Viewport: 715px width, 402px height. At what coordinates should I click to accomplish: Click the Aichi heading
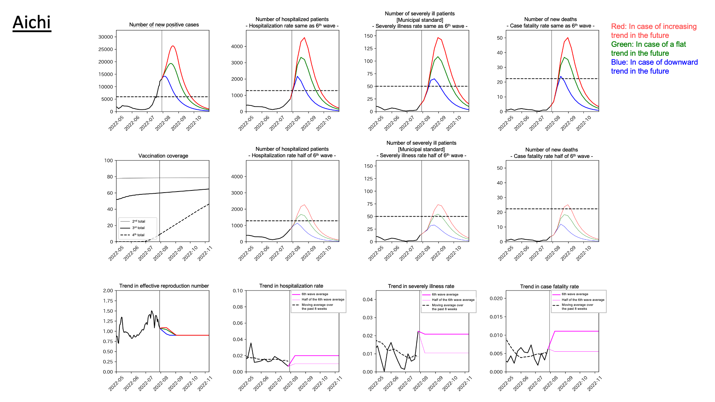click(x=32, y=23)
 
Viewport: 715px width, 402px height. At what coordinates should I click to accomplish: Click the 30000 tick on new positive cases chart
click(x=105, y=37)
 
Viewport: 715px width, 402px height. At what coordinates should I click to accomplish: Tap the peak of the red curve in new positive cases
click(x=173, y=46)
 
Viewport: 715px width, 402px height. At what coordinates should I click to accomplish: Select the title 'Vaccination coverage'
click(x=163, y=156)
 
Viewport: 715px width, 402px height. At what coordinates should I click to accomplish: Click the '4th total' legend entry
click(x=138, y=235)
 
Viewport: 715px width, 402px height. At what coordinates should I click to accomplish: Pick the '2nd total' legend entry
click(x=138, y=221)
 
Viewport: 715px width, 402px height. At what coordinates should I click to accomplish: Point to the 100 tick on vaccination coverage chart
click(x=108, y=160)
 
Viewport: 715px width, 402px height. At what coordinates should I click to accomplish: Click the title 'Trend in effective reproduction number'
click(x=164, y=286)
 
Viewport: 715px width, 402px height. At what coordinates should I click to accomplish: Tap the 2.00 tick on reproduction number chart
click(x=108, y=291)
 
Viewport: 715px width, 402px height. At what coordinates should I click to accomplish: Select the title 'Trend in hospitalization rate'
click(x=291, y=286)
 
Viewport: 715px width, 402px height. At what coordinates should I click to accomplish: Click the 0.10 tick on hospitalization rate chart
click(x=238, y=291)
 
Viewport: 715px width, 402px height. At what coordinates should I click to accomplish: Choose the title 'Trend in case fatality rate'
click(x=549, y=287)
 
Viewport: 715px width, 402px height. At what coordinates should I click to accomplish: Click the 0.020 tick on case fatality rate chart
click(x=496, y=298)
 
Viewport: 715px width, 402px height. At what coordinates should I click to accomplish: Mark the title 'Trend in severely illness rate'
click(x=421, y=286)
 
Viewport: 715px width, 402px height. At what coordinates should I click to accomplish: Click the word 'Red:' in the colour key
click(x=618, y=26)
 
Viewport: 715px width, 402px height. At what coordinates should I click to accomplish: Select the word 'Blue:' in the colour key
click(x=619, y=62)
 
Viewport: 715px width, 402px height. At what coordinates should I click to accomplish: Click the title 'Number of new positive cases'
click(x=164, y=25)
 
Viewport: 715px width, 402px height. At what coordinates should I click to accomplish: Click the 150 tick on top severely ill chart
click(x=368, y=36)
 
